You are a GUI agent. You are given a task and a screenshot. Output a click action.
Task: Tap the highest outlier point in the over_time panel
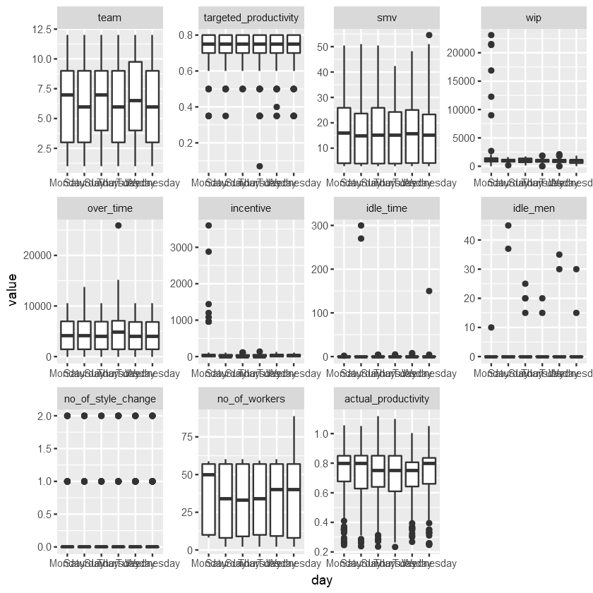click(x=119, y=225)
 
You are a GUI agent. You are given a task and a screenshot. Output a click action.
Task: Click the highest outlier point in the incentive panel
click(x=208, y=225)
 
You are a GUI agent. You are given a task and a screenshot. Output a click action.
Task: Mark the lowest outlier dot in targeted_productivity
click(x=260, y=166)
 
